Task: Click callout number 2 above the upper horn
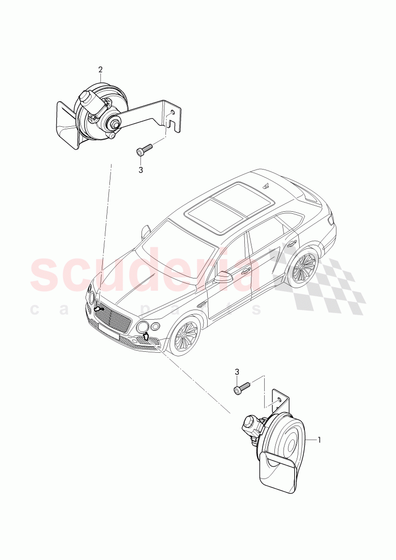click(100, 69)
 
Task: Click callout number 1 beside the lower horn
click(319, 439)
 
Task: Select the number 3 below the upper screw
click(141, 170)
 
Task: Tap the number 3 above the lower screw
click(237, 373)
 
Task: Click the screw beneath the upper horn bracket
click(144, 150)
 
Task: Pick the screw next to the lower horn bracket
click(242, 388)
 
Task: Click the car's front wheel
click(186, 337)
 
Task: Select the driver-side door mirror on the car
click(223, 277)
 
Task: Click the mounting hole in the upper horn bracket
click(174, 112)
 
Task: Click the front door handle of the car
click(245, 271)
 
